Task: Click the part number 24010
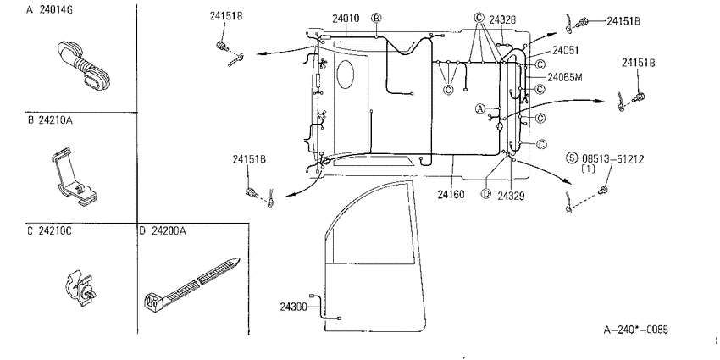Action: tap(346, 19)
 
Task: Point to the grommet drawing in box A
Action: tap(85, 64)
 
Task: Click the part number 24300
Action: tap(293, 307)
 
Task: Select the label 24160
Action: tap(451, 195)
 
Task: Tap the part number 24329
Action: tap(511, 196)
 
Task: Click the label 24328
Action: tap(502, 19)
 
